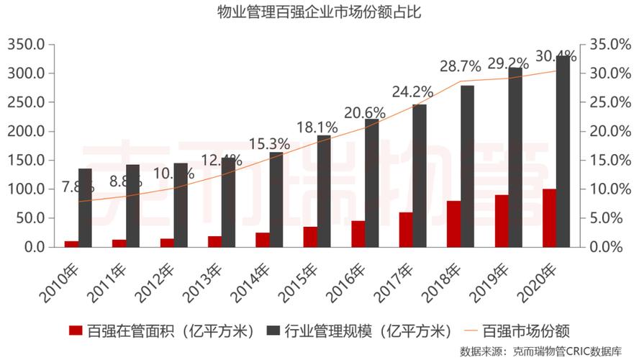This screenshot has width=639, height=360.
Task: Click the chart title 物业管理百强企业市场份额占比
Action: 319,12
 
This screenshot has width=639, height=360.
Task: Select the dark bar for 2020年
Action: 563,151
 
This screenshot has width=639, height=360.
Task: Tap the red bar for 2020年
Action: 549,218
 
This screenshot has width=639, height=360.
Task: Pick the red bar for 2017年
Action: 406,230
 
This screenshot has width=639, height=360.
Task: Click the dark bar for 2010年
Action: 85,208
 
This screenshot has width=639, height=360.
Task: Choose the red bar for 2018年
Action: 453,224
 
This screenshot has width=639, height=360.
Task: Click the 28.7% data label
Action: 461,67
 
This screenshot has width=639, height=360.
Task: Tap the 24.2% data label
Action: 412,92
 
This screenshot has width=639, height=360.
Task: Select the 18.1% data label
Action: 317,127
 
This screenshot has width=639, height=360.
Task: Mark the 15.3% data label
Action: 269,144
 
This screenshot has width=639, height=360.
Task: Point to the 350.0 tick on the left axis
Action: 26,45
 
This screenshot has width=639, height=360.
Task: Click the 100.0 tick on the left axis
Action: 26,189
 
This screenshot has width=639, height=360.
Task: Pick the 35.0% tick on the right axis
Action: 611,45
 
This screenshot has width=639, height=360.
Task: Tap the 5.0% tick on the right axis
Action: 614,218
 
